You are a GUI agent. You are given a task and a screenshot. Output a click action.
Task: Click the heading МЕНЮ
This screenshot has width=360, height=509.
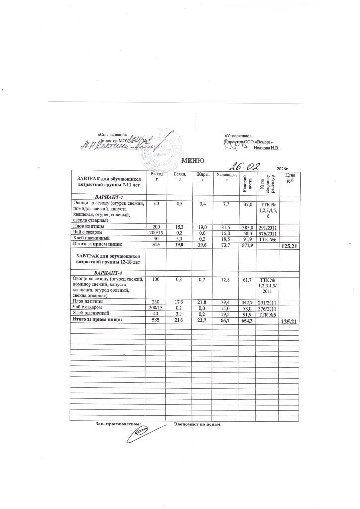point(193,160)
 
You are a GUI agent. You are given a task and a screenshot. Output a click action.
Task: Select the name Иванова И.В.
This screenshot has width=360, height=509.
point(267,148)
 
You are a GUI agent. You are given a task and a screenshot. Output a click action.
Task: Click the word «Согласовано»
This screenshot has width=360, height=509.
point(113,135)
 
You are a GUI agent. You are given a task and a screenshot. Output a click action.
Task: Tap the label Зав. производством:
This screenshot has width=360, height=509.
point(118,424)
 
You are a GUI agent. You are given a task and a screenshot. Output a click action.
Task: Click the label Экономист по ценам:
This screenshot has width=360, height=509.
point(197,424)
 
